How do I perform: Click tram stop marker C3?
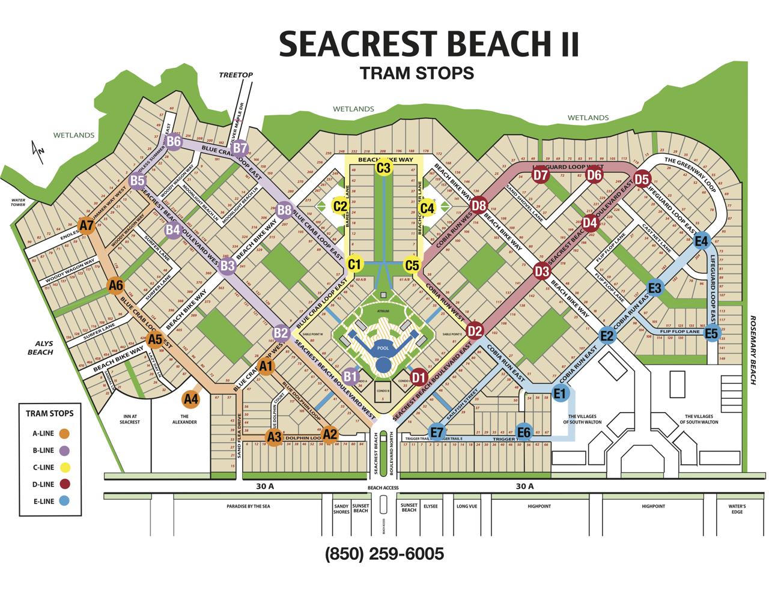[383, 168]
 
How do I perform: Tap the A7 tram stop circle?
[87, 226]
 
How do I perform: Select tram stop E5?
[712, 333]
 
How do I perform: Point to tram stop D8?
[478, 205]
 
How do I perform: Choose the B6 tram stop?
[174, 142]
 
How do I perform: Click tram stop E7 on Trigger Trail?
[437, 431]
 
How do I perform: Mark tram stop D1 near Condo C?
[419, 378]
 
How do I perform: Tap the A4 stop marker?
[191, 398]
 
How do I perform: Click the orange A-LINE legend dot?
[64, 434]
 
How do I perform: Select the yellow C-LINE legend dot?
[64, 467]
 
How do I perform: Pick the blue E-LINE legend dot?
[64, 501]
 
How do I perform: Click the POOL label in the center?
[382, 348]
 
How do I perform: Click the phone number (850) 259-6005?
[384, 553]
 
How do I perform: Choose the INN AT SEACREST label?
[129, 419]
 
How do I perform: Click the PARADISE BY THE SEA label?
[248, 506]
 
